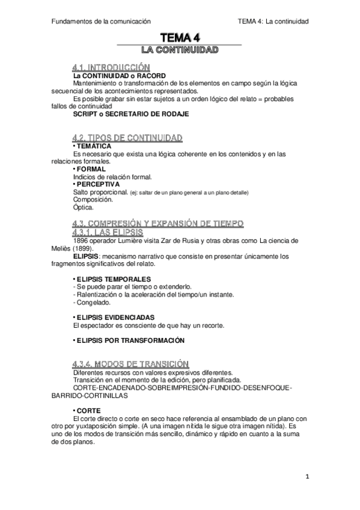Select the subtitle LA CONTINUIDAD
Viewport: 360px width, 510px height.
coord(178,50)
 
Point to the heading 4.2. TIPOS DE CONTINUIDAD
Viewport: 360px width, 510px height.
coord(127,138)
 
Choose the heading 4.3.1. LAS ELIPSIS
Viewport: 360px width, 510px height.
coord(106,232)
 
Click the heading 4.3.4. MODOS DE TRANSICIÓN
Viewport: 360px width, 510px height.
coord(130,363)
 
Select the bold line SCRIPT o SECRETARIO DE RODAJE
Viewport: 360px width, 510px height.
coord(130,113)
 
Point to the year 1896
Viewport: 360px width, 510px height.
coord(81,241)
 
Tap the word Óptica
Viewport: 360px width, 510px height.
coord(83,207)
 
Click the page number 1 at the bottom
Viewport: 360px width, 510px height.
coord(307,477)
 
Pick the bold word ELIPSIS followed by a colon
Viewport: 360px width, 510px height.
coord(85,256)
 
